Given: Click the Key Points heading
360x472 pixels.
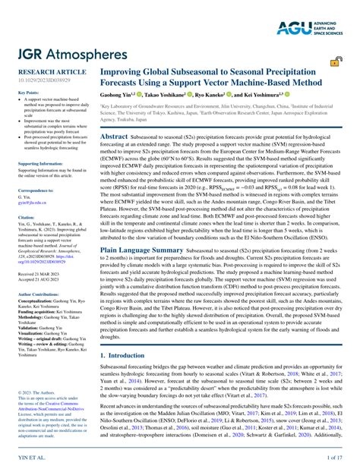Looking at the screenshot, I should (x=29, y=93).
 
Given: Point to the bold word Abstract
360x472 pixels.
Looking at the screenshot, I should (x=115, y=134).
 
